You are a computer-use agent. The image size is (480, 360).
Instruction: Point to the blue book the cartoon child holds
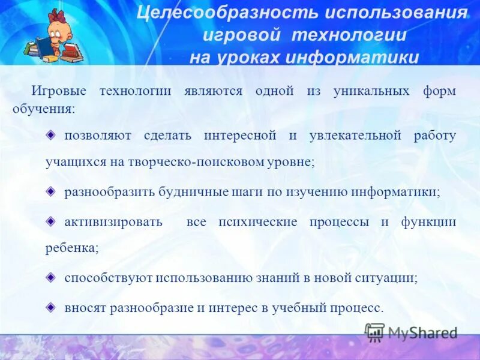46,45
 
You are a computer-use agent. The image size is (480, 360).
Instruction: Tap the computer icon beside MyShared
375,332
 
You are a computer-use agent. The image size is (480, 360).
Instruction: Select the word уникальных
371,91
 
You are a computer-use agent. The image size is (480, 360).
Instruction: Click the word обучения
44,110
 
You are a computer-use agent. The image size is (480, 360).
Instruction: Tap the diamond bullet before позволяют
52,134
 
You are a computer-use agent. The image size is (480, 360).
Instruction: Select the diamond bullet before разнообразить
52,191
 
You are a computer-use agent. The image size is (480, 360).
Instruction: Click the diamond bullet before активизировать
52,221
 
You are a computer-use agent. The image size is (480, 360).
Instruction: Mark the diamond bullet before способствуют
52,277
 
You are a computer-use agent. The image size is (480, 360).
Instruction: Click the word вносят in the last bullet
84,307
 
